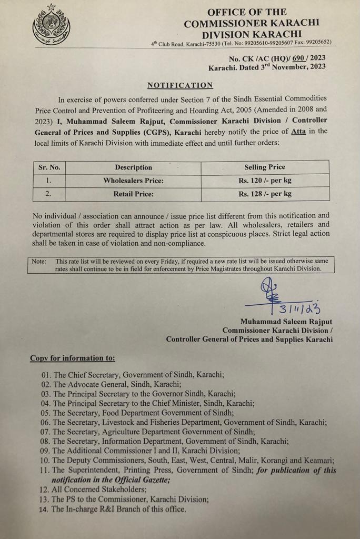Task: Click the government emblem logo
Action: pos(51,25)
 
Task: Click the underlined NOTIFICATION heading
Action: pos(180,85)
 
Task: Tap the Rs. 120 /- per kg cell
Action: pos(265,181)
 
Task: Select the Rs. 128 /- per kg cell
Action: pos(265,194)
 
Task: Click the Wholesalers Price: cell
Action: pos(133,181)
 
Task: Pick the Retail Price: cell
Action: pos(133,194)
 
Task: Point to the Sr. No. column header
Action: pos(49,167)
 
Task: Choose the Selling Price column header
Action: pos(265,167)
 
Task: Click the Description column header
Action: pos(133,167)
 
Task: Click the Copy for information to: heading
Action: pos(73,358)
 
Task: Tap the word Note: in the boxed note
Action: pos(39,261)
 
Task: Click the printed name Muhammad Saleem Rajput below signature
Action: pos(286,322)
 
